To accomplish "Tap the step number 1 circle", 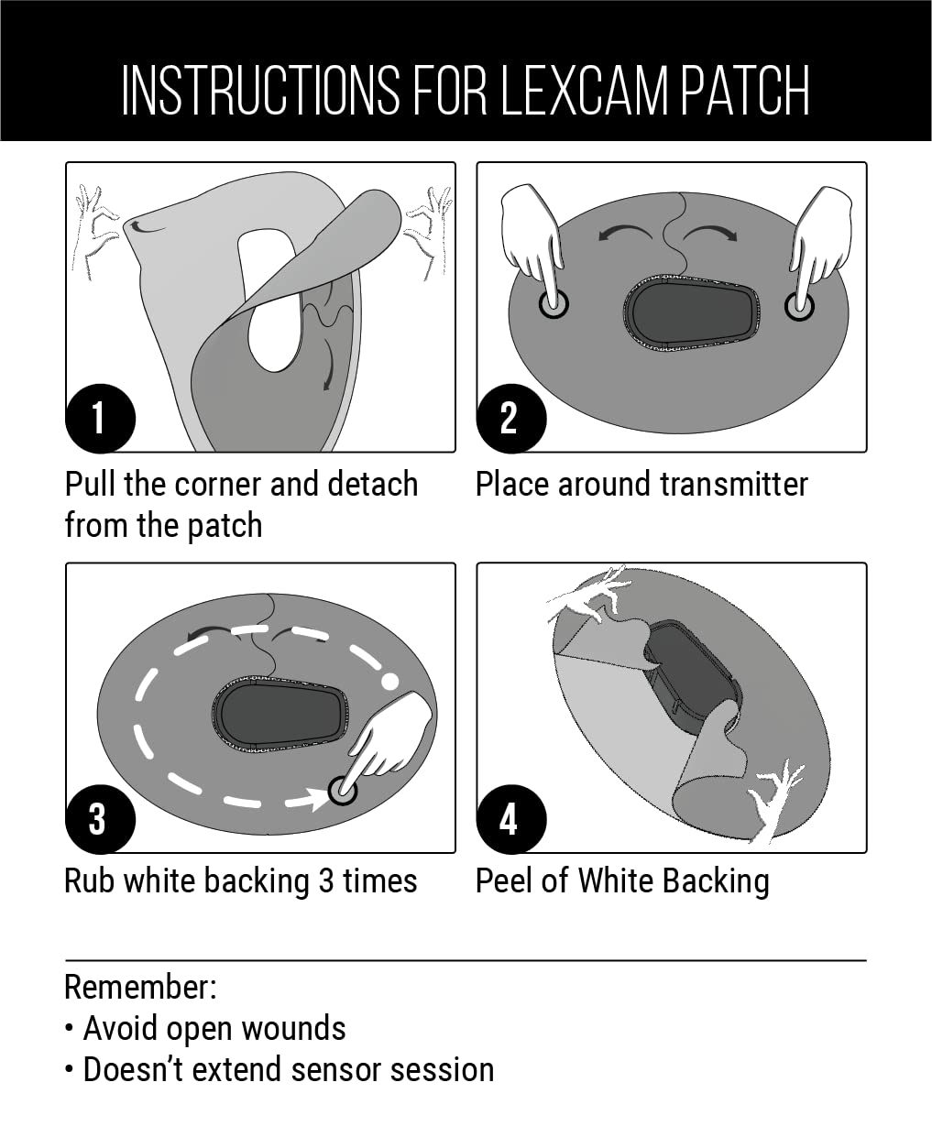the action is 100,419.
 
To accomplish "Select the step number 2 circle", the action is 511,419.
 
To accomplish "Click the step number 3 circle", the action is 100,819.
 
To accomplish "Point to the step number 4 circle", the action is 511,819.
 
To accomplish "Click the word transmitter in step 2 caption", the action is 734,484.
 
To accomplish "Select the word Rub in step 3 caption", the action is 89,881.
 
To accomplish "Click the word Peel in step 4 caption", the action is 504,881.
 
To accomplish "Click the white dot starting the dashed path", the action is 390,682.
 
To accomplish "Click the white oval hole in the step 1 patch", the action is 269,301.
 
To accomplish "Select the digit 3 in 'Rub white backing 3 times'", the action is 325,881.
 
